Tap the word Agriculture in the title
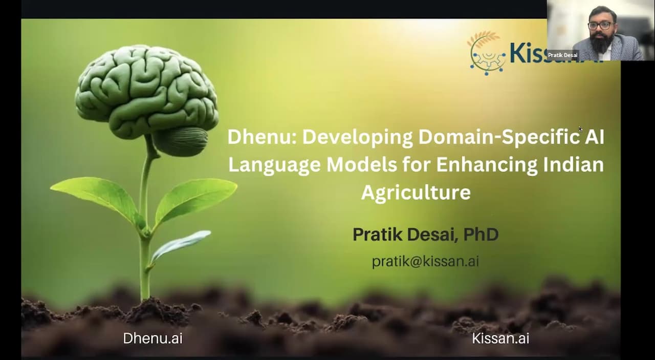tap(416, 193)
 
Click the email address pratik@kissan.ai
tap(425, 261)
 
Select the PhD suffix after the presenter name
tap(481, 235)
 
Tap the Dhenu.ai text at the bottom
tap(152, 338)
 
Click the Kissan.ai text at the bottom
tap(500, 338)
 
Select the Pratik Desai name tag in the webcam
tap(562, 55)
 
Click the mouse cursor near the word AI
tap(580, 129)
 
